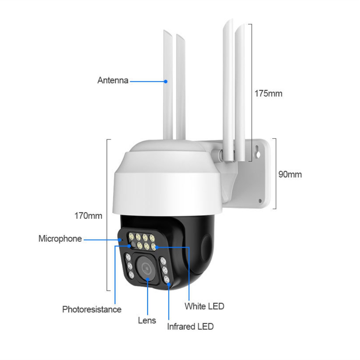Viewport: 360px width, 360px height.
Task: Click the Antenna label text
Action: (x=113, y=80)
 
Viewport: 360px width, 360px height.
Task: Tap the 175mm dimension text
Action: (x=268, y=93)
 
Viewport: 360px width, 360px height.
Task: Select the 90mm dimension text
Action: (x=290, y=174)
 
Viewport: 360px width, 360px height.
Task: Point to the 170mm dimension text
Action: (x=88, y=216)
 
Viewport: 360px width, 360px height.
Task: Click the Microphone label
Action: (x=60, y=239)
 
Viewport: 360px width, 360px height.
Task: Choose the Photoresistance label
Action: (x=92, y=310)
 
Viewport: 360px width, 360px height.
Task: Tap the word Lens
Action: (x=147, y=320)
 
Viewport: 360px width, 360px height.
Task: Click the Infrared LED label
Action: (x=190, y=326)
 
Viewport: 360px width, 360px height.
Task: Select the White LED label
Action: (x=204, y=306)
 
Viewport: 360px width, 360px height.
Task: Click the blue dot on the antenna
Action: (x=166, y=81)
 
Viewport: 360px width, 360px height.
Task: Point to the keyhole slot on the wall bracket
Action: (x=258, y=152)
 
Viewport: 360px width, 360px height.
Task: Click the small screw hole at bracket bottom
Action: (x=260, y=201)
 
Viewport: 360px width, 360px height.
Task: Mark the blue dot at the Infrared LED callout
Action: (x=169, y=285)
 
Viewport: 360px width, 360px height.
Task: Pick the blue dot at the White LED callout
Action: (x=157, y=247)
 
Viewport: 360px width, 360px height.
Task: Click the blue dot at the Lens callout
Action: (x=148, y=279)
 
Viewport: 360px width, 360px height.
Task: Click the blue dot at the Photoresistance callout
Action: (x=129, y=246)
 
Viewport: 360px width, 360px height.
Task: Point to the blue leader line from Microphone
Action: (x=102, y=240)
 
